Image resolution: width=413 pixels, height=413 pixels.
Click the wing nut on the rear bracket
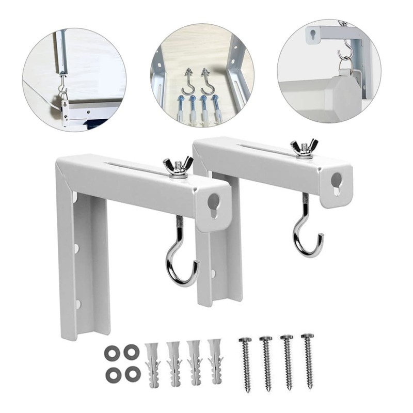304,148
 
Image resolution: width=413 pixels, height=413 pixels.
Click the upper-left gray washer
112,353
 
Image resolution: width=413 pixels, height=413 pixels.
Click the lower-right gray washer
132,373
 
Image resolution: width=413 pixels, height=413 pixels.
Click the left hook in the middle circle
189,80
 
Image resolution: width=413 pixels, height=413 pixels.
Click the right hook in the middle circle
208,80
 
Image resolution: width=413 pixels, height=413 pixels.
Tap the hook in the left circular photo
62,91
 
